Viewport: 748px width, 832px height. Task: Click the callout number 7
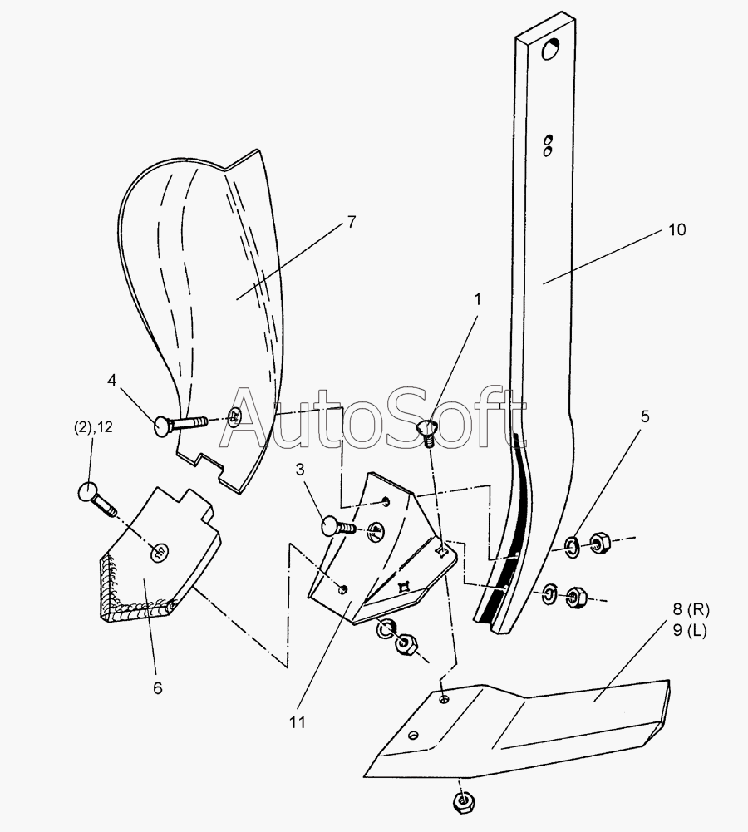point(352,221)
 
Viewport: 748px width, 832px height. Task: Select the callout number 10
point(677,229)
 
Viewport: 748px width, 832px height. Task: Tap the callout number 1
point(477,299)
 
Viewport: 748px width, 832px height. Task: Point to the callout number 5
point(645,416)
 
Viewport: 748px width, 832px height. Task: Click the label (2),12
point(93,427)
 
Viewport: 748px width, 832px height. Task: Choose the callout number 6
point(158,688)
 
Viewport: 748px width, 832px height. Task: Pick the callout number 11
point(298,722)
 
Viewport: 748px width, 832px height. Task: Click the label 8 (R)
point(691,610)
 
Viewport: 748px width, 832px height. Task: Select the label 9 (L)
point(690,631)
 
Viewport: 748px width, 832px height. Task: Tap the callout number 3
point(300,470)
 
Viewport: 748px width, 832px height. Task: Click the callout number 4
point(111,381)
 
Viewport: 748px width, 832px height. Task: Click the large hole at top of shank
point(551,50)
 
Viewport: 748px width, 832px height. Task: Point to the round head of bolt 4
point(162,426)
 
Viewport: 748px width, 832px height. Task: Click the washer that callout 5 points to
point(572,547)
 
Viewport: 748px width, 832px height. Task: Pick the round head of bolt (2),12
point(86,491)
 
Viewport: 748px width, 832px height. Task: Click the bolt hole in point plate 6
point(159,553)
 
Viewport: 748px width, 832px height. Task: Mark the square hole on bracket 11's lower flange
point(405,587)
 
